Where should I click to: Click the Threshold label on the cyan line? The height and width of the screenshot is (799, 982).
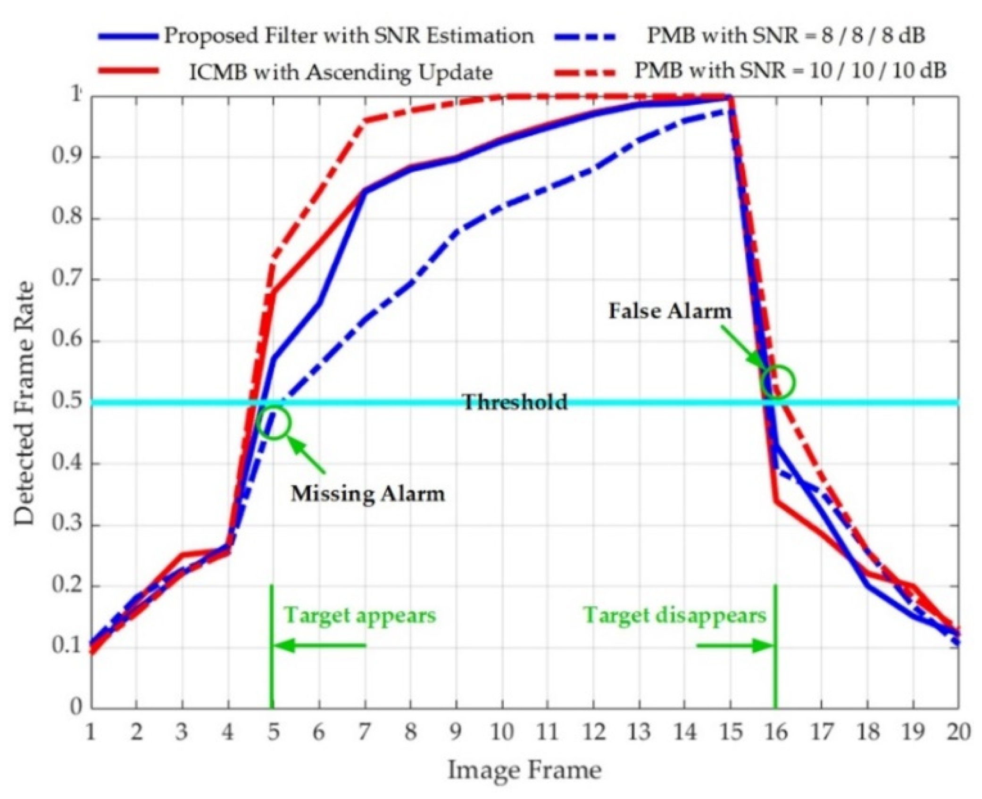pyautogui.click(x=515, y=402)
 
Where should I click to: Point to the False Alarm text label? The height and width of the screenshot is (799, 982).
pyautogui.click(x=670, y=311)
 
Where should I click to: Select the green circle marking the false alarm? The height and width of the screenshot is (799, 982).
pyautogui.click(x=778, y=382)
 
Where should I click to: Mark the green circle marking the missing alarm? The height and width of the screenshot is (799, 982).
pyautogui.click(x=274, y=423)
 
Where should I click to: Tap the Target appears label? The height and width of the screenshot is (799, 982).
pyautogui.click(x=360, y=615)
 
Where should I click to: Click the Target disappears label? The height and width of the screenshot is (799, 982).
pyautogui.click(x=674, y=615)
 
